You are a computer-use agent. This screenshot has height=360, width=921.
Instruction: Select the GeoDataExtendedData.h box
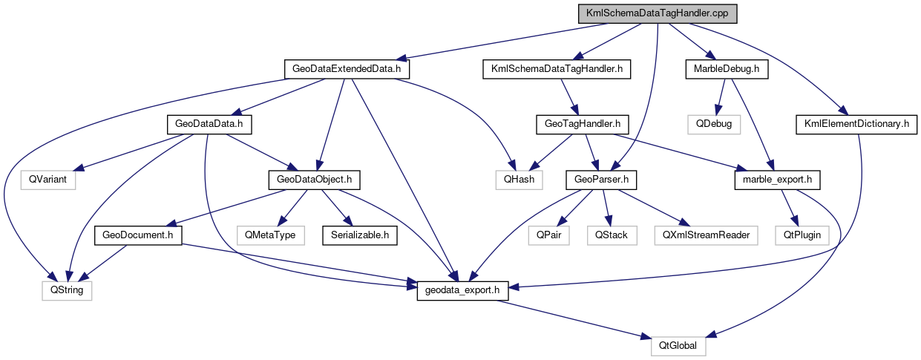pos(347,69)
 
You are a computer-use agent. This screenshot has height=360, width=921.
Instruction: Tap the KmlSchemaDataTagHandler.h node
pos(557,69)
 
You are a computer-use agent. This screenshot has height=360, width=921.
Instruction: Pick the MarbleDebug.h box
pos(726,69)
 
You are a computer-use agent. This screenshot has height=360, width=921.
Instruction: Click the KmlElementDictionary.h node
pos(856,123)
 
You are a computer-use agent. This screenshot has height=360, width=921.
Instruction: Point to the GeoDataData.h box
pos(209,123)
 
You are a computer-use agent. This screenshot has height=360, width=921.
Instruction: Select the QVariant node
pos(49,179)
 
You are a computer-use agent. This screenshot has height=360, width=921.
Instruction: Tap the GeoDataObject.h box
pos(318,179)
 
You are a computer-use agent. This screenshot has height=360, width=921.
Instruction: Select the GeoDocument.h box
pos(138,235)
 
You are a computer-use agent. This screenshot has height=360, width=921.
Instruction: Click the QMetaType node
pos(270,235)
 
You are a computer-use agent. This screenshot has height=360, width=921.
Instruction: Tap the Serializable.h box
pos(359,235)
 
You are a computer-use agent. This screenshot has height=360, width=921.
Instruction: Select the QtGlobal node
pos(678,346)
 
